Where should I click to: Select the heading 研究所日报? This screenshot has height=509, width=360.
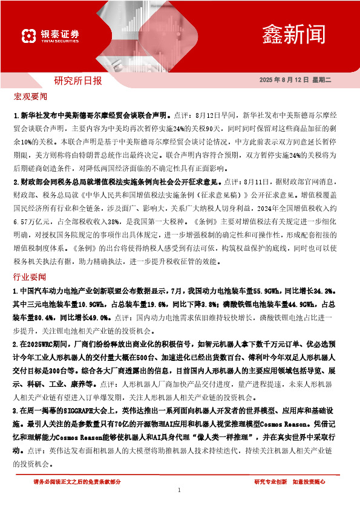(78, 80)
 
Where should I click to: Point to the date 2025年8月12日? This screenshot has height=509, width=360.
(284, 80)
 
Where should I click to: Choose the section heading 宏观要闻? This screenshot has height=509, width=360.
(30, 97)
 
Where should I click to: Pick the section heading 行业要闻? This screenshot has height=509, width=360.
(30, 276)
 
